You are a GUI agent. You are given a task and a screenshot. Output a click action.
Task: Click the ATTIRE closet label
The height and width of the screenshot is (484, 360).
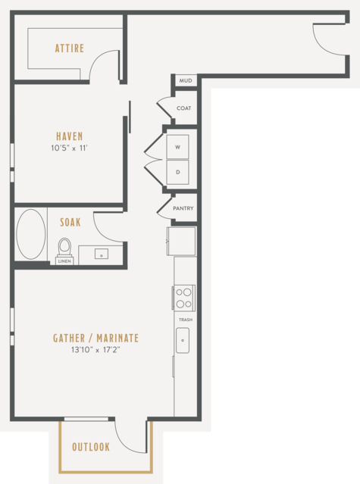(70, 48)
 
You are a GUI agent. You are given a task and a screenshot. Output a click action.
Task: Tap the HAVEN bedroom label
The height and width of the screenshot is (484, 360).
(70, 136)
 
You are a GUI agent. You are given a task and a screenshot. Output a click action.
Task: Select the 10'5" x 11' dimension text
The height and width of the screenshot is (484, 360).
(70, 148)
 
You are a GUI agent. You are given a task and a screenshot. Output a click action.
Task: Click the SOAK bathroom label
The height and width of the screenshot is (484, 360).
(70, 222)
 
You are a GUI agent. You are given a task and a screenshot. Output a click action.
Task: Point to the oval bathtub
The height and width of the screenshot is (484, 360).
(31, 234)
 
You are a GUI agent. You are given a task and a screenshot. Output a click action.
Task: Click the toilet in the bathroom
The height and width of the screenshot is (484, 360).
(64, 248)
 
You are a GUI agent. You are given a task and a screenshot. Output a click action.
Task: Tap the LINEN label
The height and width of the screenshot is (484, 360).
(64, 261)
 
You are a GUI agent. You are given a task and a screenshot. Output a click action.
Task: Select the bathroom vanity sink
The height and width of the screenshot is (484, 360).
(102, 254)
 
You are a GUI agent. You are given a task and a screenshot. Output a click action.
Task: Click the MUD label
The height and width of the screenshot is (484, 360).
(186, 81)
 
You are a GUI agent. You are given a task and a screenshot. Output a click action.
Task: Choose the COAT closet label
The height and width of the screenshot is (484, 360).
(183, 108)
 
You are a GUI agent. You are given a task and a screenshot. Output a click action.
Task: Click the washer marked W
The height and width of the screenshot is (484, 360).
(177, 147)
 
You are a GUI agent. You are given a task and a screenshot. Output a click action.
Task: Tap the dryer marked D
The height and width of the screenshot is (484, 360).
(177, 172)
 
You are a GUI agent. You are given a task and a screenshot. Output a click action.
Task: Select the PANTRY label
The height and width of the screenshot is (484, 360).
(183, 208)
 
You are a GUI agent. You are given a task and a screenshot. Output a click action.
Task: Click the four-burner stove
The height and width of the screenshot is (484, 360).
(184, 298)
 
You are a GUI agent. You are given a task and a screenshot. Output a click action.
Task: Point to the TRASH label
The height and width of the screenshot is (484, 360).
(186, 320)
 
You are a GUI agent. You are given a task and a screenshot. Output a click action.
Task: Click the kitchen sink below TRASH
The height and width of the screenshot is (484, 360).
(183, 341)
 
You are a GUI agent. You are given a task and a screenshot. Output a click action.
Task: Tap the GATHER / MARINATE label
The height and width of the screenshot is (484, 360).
(95, 338)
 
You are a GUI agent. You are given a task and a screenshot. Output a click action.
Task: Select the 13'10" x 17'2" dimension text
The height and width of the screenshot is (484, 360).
(95, 350)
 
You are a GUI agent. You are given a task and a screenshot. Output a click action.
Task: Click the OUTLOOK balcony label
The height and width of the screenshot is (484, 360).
(91, 447)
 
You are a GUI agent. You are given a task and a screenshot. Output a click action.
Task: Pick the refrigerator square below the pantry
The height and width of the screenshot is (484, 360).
(181, 242)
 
